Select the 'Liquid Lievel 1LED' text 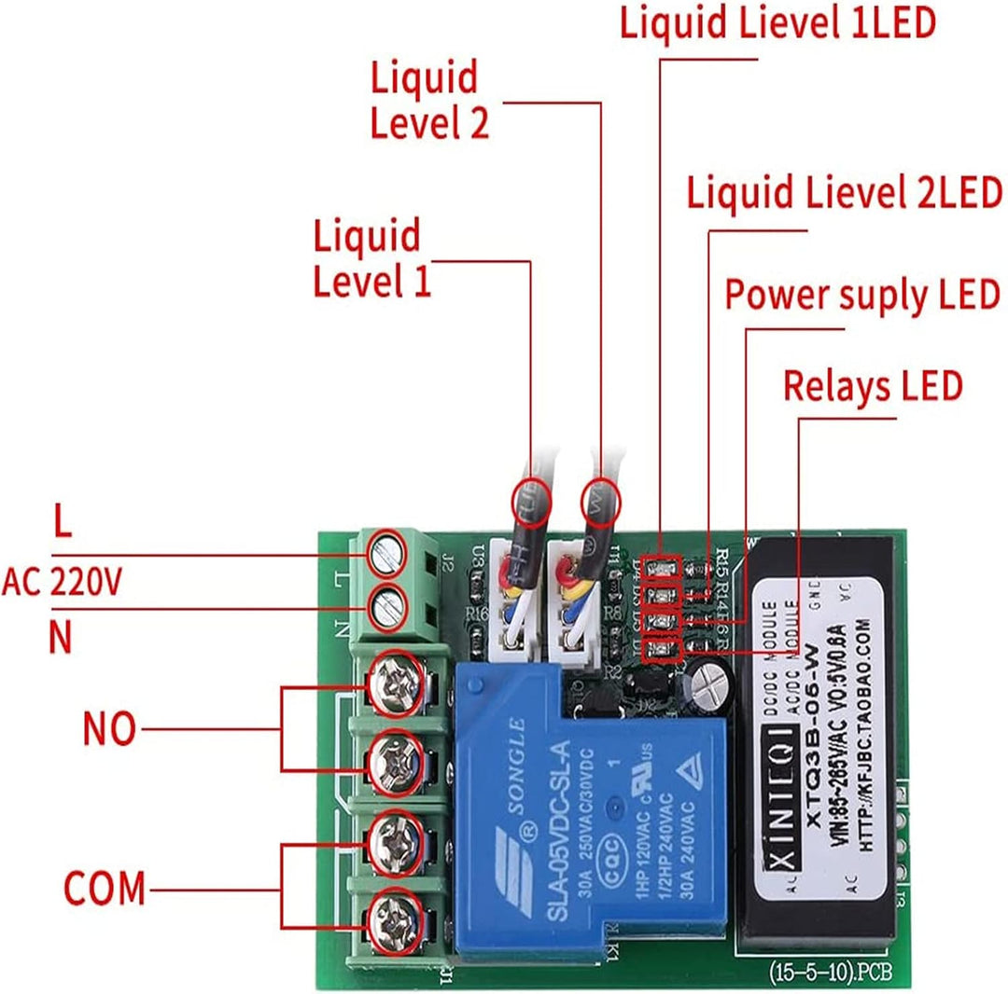(x=777, y=23)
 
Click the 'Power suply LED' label (x=862, y=296)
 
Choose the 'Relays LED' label (x=872, y=385)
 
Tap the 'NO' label (x=108, y=729)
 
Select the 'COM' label (x=105, y=888)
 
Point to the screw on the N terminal (x=385, y=611)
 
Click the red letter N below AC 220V (x=60, y=639)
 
